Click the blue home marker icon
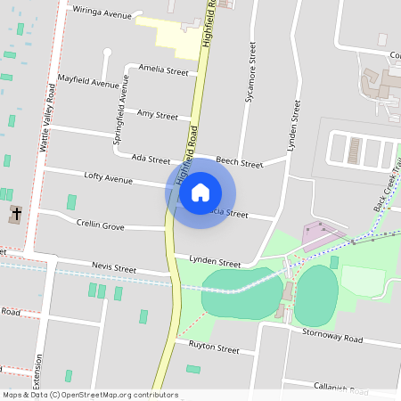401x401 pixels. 200,192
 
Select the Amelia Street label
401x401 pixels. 163,71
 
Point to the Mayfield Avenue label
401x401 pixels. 87,84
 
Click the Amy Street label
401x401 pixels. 158,115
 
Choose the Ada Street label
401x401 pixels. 151,159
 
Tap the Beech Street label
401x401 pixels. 240,163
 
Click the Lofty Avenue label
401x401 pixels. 108,178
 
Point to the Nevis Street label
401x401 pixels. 114,267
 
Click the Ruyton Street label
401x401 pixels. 215,349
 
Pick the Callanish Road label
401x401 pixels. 340,389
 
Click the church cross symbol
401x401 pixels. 15,214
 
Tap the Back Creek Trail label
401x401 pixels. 389,186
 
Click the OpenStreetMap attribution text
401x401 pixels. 90,395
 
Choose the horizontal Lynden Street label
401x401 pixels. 215,264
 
